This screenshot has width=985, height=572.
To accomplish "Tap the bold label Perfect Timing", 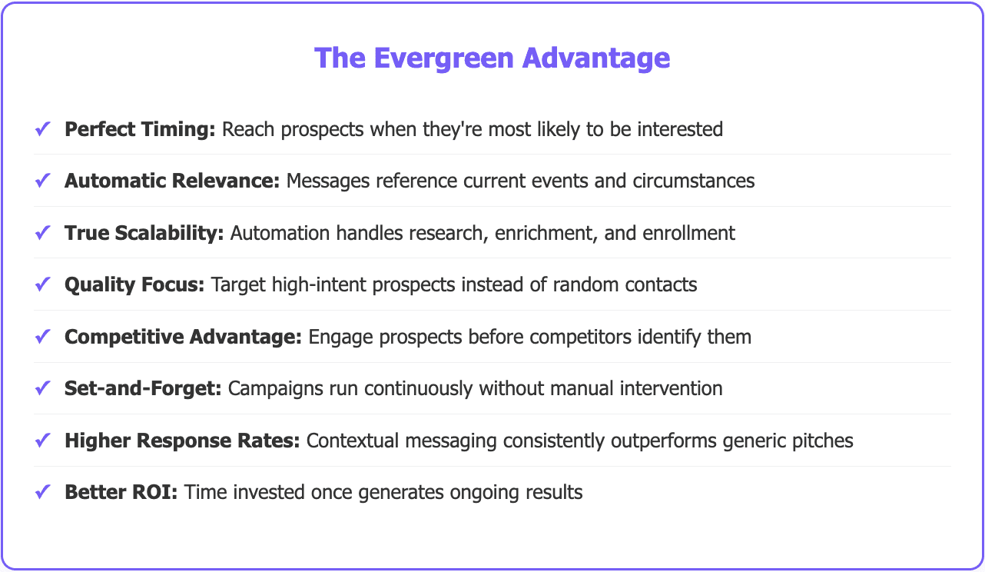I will click(x=140, y=129).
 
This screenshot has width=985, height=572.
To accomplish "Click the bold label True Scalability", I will click(x=144, y=233).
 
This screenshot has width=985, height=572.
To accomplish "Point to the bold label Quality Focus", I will click(x=134, y=284).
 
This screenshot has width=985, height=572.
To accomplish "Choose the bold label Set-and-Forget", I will click(x=143, y=388).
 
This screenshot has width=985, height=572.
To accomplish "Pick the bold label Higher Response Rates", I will click(x=182, y=441).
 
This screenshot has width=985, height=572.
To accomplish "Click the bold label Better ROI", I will click(x=121, y=492).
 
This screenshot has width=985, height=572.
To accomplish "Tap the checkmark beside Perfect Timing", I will click(x=43, y=129).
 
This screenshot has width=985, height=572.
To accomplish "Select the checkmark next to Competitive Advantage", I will click(x=43, y=337).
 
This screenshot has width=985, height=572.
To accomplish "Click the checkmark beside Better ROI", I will click(x=43, y=492).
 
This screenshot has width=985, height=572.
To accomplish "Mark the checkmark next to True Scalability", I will click(x=43, y=233).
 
